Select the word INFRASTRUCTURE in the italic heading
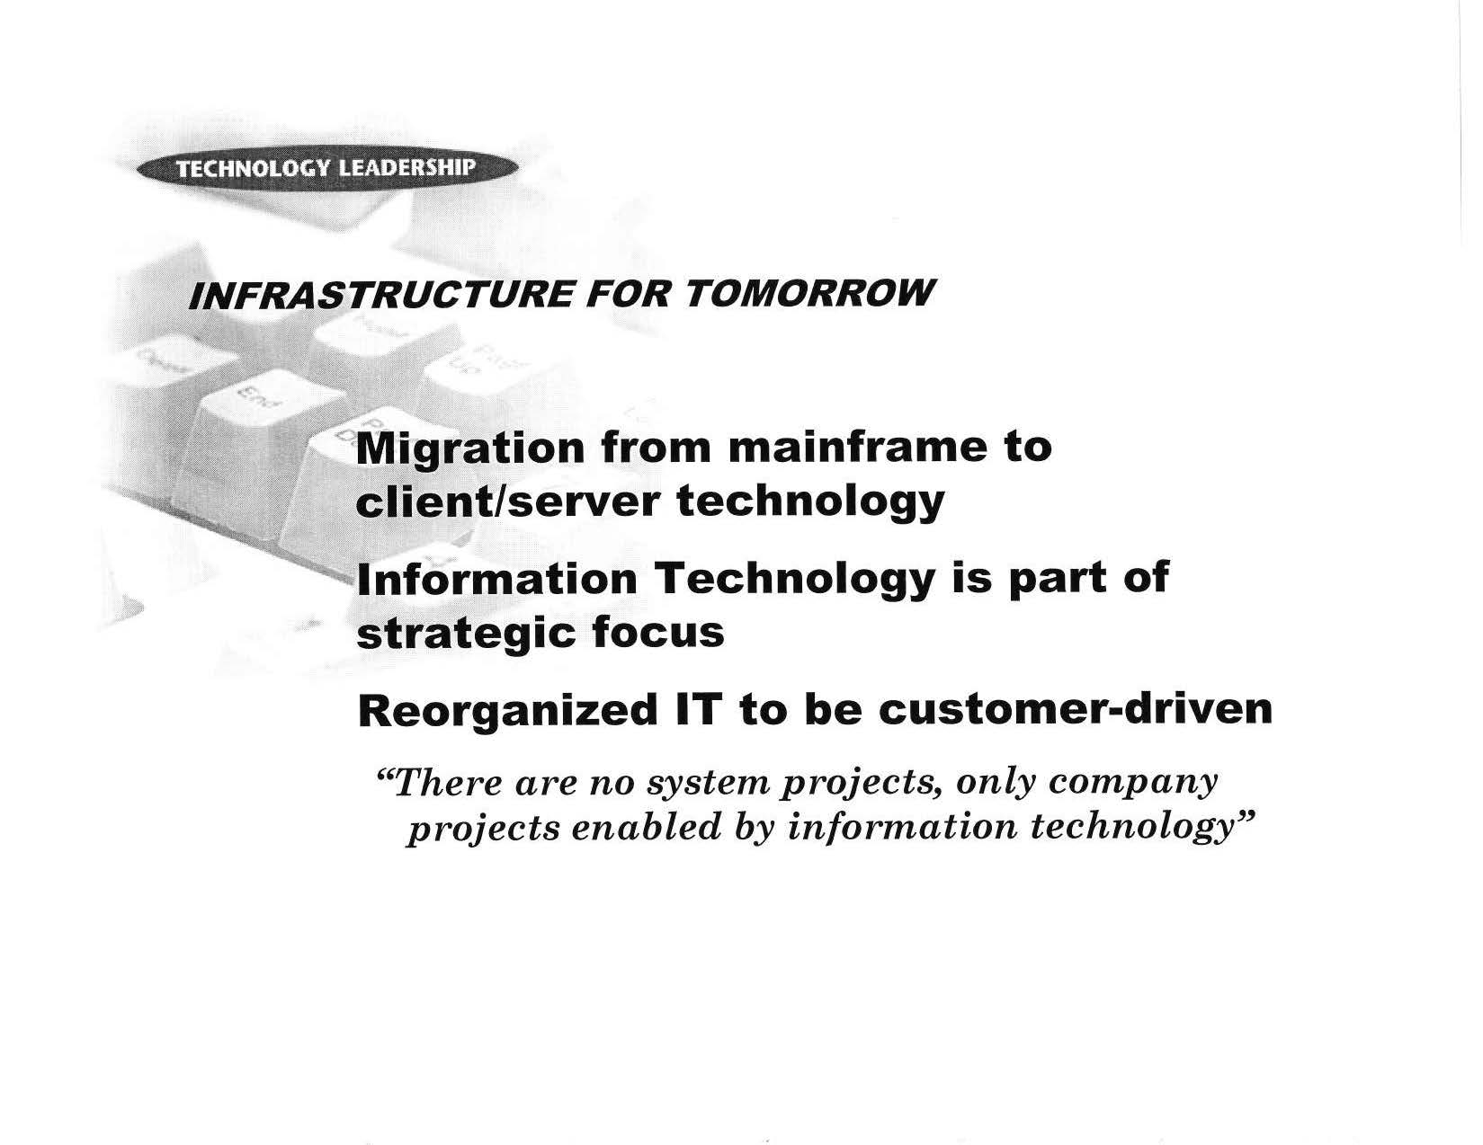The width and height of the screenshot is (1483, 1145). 380,295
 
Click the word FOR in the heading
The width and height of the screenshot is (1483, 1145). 629,294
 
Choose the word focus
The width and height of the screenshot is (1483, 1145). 658,632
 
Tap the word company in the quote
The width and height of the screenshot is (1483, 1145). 1133,785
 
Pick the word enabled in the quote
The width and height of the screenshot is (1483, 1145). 647,828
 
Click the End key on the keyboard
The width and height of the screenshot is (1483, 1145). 258,399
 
